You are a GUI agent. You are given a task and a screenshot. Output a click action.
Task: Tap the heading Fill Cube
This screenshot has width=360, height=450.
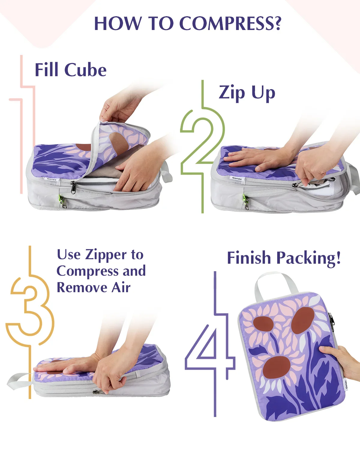click(x=70, y=70)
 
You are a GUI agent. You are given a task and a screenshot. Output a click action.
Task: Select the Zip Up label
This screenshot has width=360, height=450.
click(x=247, y=92)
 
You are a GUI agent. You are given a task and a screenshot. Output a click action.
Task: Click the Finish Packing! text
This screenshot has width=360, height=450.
click(x=284, y=258)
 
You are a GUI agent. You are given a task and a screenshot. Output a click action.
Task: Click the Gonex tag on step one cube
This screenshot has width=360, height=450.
click(x=52, y=179)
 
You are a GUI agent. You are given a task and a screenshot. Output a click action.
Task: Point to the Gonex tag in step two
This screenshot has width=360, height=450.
click(x=237, y=178)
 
